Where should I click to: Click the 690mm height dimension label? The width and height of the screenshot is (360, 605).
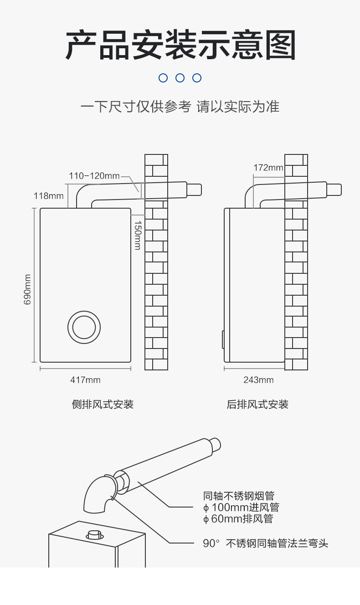27,289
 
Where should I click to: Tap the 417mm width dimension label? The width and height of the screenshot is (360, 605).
85,380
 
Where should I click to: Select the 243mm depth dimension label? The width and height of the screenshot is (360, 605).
258,380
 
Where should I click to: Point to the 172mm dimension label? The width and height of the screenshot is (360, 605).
268,168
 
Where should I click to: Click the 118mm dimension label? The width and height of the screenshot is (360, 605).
48,196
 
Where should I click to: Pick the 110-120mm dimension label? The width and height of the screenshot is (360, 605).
94,176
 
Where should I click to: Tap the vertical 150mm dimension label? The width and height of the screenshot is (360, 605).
137,235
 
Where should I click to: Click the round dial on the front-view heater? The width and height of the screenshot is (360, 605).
84,327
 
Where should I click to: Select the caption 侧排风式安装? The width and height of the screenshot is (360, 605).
103,404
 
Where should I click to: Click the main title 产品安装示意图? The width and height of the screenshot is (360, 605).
180,45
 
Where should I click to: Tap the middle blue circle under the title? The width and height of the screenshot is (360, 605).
180,78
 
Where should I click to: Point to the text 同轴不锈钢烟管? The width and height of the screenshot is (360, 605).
239,496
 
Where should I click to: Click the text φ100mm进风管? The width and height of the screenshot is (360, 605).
241,507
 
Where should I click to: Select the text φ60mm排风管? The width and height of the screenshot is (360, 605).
238,518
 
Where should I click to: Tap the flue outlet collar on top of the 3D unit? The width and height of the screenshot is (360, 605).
95,534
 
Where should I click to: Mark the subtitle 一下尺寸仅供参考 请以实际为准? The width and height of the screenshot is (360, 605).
180,107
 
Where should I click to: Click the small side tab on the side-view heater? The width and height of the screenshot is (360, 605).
223,339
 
